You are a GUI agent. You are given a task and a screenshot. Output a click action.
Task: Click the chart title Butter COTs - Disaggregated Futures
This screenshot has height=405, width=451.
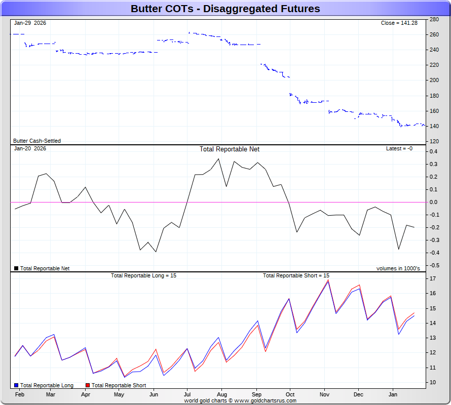click(x=225, y=9)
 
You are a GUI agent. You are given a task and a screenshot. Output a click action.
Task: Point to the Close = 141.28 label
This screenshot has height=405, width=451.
click(x=399, y=23)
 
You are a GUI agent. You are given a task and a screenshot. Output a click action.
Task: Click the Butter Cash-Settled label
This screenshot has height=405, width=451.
click(x=37, y=141)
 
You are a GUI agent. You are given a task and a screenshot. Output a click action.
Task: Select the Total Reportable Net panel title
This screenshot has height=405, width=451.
click(x=230, y=149)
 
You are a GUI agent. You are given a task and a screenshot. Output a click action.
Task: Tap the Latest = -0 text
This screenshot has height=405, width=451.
click(x=399, y=149)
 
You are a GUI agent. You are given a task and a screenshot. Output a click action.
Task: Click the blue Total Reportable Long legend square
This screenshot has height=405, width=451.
click(x=17, y=386)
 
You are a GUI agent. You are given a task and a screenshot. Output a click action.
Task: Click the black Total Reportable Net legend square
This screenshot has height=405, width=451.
click(x=16, y=269)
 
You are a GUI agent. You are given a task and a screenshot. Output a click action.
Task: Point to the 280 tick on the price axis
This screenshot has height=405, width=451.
click(x=434, y=19)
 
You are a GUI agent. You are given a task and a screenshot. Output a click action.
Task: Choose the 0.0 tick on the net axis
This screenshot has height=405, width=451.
click(x=434, y=202)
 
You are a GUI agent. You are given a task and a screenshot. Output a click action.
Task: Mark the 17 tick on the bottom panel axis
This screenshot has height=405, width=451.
click(x=433, y=279)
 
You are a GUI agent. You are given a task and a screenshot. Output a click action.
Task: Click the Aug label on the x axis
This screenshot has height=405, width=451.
click(x=221, y=394)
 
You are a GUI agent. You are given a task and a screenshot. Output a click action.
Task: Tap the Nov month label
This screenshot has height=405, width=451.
click(x=324, y=394)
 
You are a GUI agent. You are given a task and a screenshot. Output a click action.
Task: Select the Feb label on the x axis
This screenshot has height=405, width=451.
click(x=19, y=394)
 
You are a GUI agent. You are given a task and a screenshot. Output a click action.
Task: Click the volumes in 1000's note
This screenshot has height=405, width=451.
click(x=398, y=269)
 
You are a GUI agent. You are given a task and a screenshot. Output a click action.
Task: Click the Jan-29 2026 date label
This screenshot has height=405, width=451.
click(x=30, y=23)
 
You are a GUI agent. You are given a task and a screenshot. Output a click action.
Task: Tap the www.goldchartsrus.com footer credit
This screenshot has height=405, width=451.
click(x=264, y=400)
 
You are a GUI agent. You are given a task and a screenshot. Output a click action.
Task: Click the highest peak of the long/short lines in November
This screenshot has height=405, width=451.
click(x=328, y=280)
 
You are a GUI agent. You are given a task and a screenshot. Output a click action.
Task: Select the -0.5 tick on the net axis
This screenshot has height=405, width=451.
click(x=434, y=266)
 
